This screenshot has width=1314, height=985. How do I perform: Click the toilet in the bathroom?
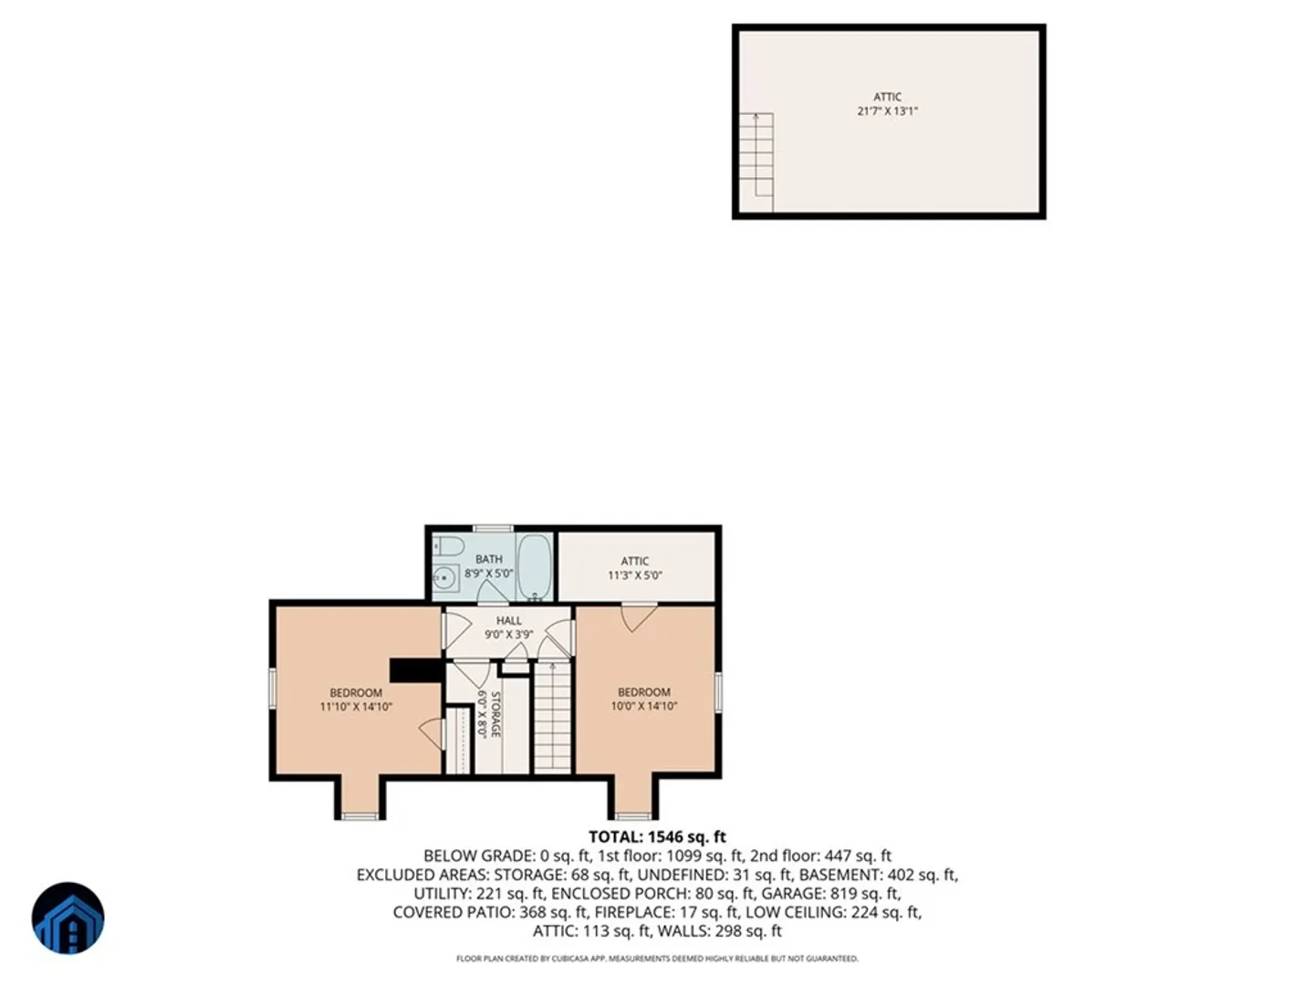[x=448, y=545]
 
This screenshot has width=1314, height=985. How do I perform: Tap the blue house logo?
[x=68, y=918]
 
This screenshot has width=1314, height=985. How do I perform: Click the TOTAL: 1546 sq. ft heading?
[x=657, y=836]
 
